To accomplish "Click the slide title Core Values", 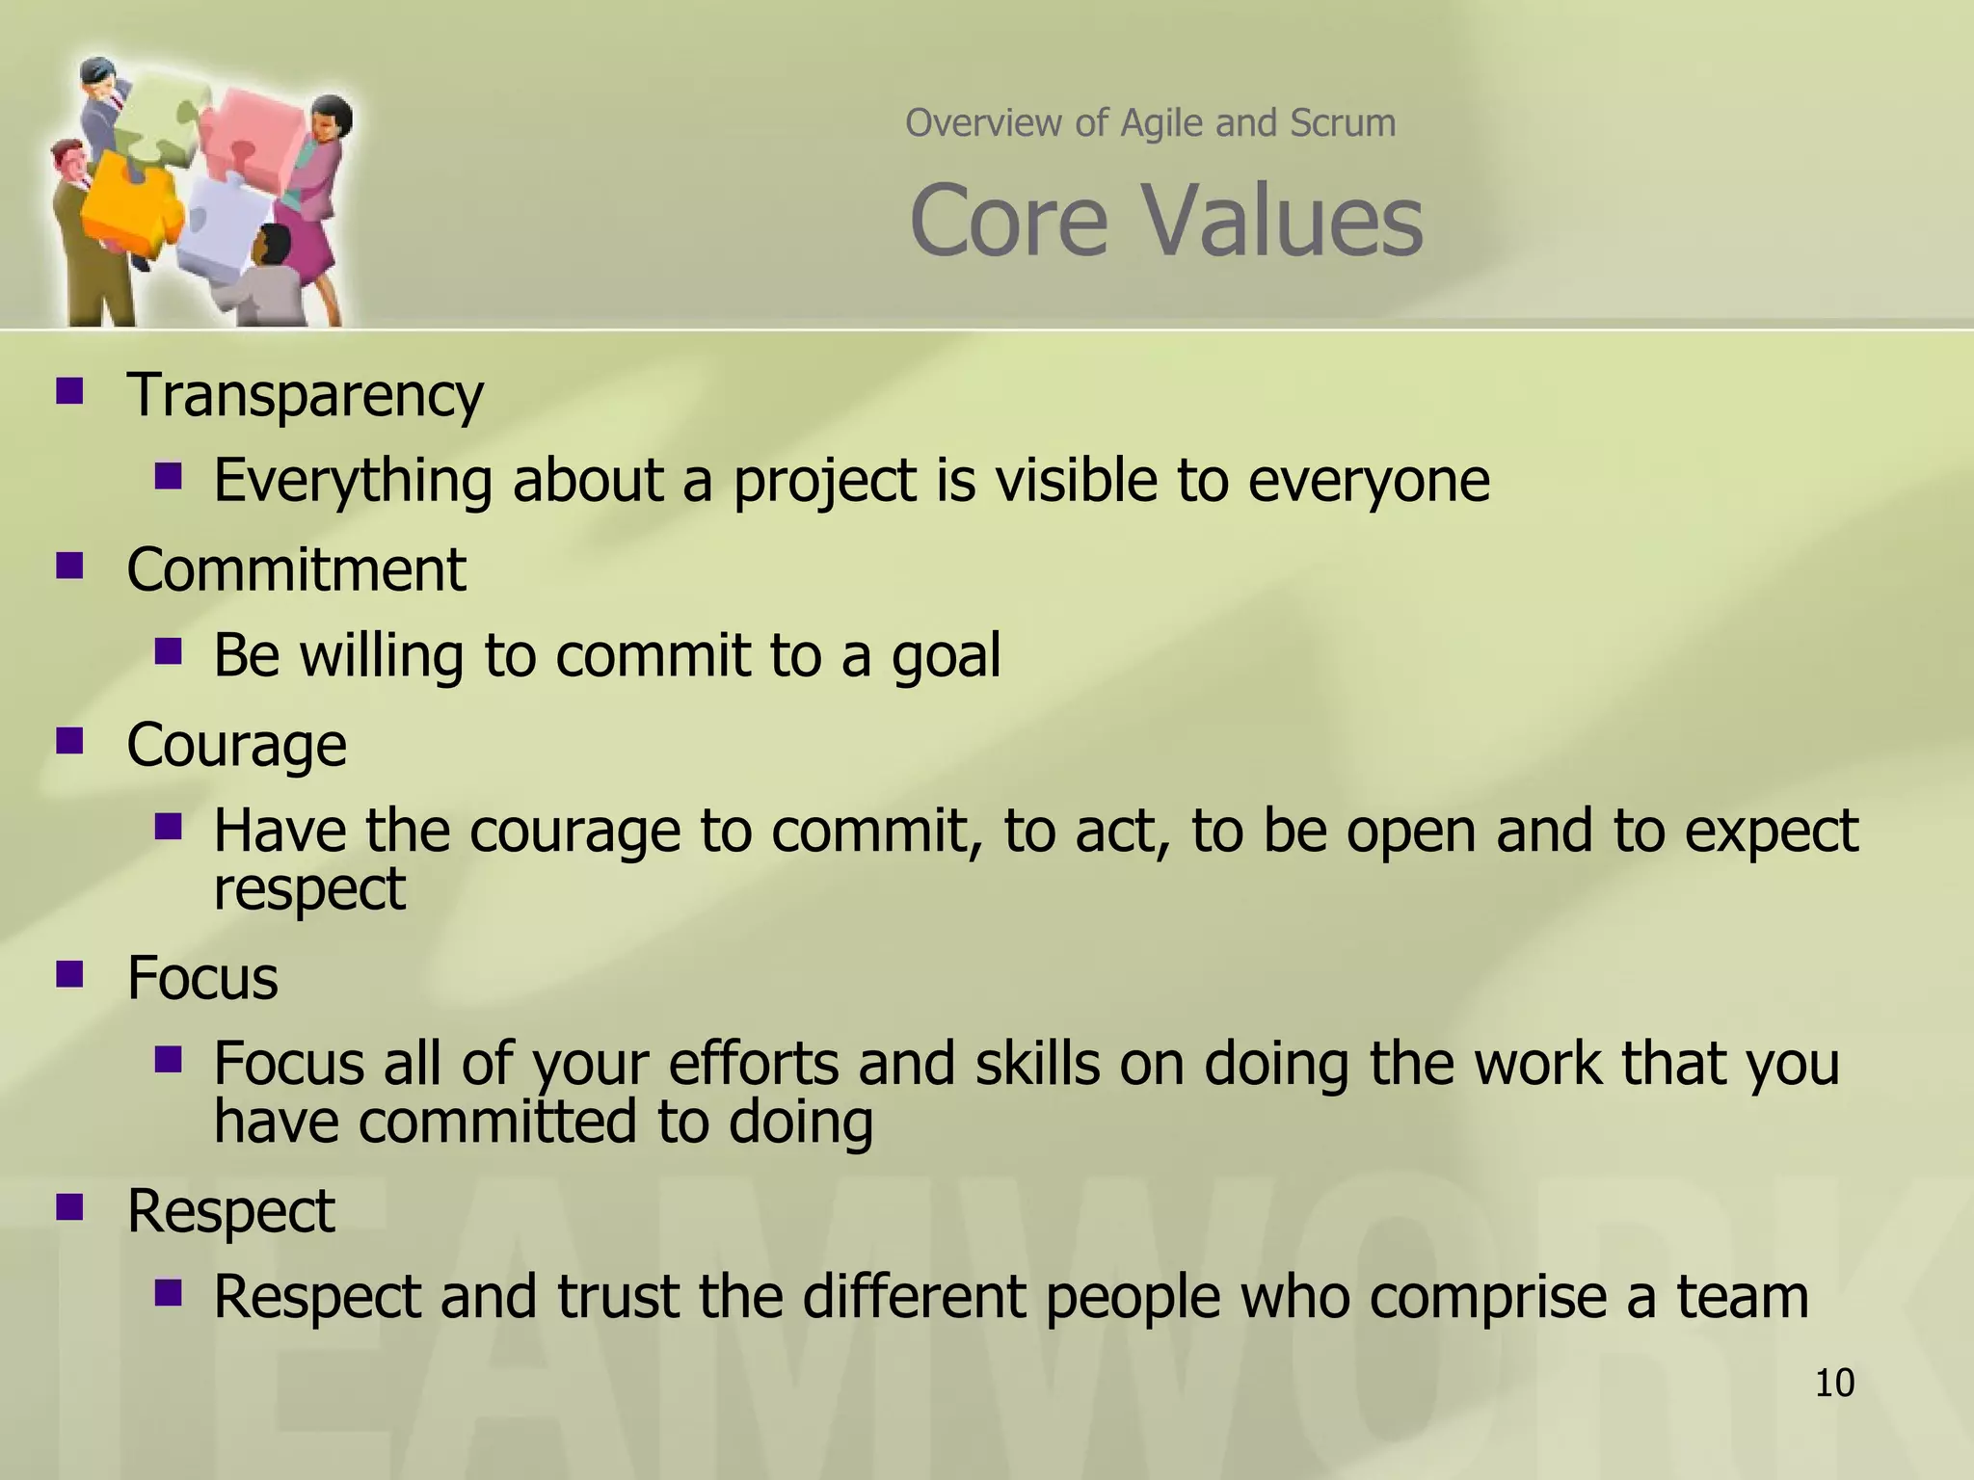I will [1165, 222].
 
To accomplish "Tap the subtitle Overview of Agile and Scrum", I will [1150, 123].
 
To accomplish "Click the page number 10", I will [1834, 1383].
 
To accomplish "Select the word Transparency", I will [305, 395].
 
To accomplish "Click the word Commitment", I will [296, 569].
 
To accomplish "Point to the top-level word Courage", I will [236, 745].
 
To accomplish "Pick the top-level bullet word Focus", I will [202, 978].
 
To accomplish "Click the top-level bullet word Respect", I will [230, 1211].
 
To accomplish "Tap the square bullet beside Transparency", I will [69, 390].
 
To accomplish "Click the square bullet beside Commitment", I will [69, 565].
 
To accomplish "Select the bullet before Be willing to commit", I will [168, 651].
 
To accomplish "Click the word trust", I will [618, 1297].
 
